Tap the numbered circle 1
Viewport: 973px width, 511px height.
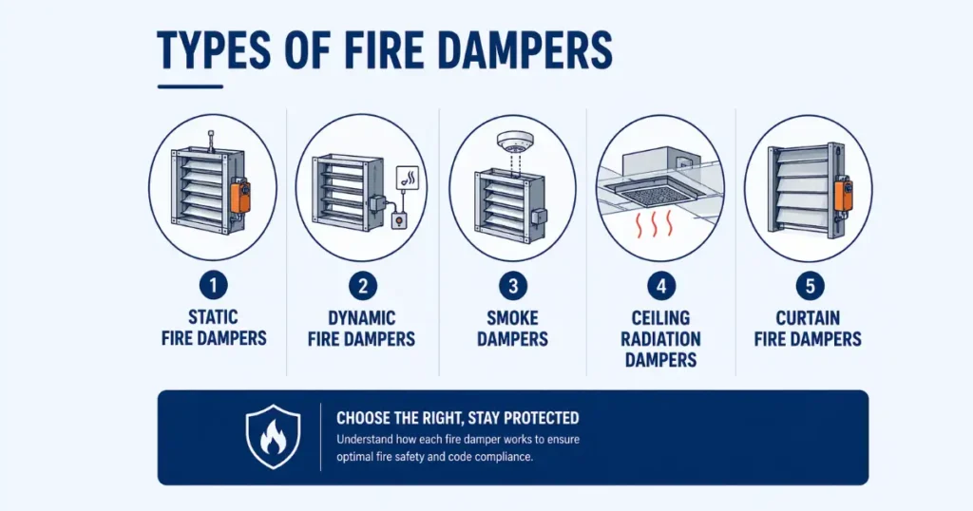point(213,284)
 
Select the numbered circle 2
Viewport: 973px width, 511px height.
point(362,284)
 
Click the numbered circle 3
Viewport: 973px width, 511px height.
point(513,284)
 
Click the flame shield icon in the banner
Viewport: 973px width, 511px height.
point(273,436)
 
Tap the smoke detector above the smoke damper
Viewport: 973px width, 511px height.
point(513,142)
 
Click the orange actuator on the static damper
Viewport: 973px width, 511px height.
point(240,196)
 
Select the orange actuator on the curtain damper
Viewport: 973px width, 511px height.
point(842,194)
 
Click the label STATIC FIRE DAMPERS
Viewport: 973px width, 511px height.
point(213,327)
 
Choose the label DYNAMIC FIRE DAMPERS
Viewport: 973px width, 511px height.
point(362,327)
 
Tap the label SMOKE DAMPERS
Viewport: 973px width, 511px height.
point(513,327)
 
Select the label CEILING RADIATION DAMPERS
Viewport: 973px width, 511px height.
point(660,338)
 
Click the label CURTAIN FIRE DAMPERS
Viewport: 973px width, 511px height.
point(808,327)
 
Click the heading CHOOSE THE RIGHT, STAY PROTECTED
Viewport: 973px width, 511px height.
point(457,418)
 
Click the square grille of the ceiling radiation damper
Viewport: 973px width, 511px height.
point(659,192)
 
